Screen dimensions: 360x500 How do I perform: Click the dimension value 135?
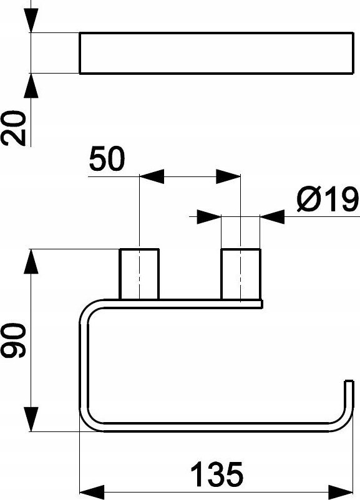(217, 474)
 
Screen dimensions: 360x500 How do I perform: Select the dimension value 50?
(107, 159)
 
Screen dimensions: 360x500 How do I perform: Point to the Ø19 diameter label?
(328, 200)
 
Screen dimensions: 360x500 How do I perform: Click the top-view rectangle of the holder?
(216, 53)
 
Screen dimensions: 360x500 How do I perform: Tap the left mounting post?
(139, 274)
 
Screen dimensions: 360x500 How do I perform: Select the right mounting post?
(241, 274)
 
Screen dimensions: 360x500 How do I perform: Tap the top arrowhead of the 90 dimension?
(31, 261)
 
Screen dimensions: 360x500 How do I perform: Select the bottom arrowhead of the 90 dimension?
(31, 420)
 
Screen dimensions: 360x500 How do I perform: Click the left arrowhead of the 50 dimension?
(152, 176)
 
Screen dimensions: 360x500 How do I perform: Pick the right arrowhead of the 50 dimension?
(228, 176)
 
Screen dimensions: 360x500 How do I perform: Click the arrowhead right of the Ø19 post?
(272, 217)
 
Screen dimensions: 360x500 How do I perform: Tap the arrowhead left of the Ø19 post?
(209, 217)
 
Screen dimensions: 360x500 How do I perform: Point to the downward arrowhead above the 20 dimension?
(31, 21)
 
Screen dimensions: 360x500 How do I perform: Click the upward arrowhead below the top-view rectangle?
(31, 85)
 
